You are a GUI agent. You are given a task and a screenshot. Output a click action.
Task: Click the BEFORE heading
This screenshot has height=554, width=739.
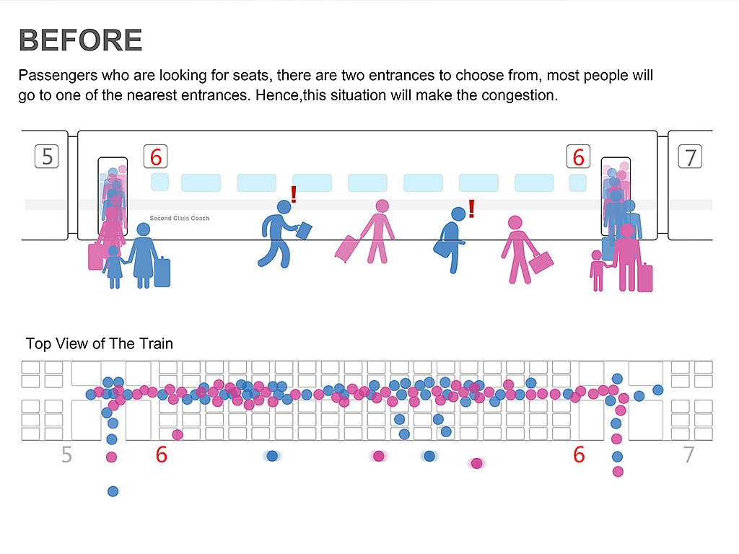80,40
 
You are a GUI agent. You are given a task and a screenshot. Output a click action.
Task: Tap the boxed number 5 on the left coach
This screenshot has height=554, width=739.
48,157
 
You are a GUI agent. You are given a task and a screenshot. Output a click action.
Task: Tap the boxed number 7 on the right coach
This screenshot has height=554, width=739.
691,157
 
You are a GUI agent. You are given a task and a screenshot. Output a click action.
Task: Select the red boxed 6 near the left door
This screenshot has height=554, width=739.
155,157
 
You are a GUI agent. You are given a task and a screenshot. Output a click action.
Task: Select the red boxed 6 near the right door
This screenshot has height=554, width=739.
578,157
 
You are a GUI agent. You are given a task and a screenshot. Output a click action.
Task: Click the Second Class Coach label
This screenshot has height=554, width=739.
179,218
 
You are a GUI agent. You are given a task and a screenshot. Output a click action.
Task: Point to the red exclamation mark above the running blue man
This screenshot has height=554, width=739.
294,194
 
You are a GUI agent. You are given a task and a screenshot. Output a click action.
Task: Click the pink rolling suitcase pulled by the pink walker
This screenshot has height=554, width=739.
347,248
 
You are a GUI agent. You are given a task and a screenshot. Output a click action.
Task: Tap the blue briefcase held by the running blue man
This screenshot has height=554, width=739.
304,230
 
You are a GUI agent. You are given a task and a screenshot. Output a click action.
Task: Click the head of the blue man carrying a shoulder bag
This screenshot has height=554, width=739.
458,214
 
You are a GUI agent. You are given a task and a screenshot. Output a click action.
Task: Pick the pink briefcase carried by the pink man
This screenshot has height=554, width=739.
541,262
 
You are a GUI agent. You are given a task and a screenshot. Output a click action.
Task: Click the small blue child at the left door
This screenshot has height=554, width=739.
113,268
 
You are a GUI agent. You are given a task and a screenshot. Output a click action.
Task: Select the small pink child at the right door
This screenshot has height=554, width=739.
597,271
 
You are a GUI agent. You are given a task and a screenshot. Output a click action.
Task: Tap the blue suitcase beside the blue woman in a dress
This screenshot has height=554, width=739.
162,271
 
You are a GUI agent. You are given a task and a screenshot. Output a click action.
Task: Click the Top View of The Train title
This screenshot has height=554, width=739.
100,343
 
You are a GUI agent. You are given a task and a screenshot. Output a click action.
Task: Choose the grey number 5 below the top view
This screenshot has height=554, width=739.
66,455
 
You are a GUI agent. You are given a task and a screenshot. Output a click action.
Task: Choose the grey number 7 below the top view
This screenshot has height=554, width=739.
688,455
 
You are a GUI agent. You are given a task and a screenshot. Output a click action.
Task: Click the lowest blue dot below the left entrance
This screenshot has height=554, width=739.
113,491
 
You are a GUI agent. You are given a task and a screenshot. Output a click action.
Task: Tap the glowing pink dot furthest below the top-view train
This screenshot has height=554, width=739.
476,463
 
